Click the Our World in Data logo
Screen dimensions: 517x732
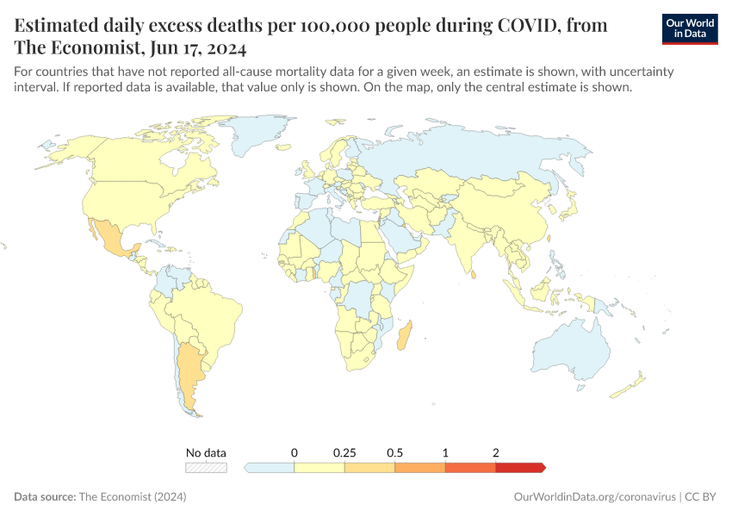coord(690,28)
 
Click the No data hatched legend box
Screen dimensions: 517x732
coord(207,467)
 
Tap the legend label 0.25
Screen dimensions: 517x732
coord(344,452)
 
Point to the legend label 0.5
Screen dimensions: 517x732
coord(395,452)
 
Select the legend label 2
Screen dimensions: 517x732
coord(496,452)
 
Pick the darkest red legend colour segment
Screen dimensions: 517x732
coord(519,467)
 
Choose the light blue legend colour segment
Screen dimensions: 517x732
coord(270,467)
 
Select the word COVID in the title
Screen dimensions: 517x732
coord(534,25)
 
